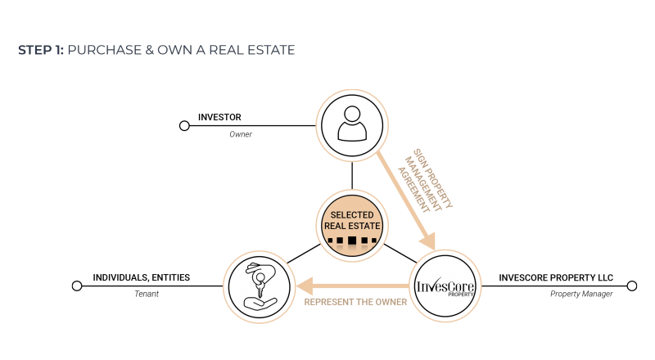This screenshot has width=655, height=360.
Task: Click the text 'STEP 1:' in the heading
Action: click(x=41, y=50)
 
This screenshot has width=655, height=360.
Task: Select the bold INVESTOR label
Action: click(x=219, y=117)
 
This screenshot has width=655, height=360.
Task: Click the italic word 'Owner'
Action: click(x=241, y=134)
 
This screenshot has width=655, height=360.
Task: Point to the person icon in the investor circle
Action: click(x=352, y=124)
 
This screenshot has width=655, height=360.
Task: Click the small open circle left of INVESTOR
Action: click(x=184, y=126)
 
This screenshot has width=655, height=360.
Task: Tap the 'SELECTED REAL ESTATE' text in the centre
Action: click(x=352, y=221)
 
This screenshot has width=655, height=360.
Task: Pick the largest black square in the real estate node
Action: click(x=352, y=241)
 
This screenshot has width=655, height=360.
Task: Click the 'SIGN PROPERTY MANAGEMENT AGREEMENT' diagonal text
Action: click(x=425, y=181)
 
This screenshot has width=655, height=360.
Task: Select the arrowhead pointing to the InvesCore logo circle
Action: click(x=428, y=242)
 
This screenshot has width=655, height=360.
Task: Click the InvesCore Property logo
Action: click(x=445, y=286)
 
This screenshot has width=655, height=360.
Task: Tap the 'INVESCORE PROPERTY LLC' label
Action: click(x=556, y=277)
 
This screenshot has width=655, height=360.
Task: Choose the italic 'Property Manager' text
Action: click(x=581, y=294)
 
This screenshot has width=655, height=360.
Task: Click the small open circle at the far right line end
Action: click(x=632, y=286)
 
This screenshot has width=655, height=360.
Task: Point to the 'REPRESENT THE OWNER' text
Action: click(x=355, y=302)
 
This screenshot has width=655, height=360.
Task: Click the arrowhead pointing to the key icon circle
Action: click(x=305, y=286)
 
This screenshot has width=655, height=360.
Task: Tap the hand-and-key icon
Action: click(x=260, y=286)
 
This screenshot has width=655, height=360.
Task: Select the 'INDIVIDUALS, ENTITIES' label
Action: click(x=141, y=277)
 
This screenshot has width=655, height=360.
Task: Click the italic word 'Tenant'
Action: click(x=147, y=294)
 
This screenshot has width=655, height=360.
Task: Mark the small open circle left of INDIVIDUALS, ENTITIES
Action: click(x=77, y=286)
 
